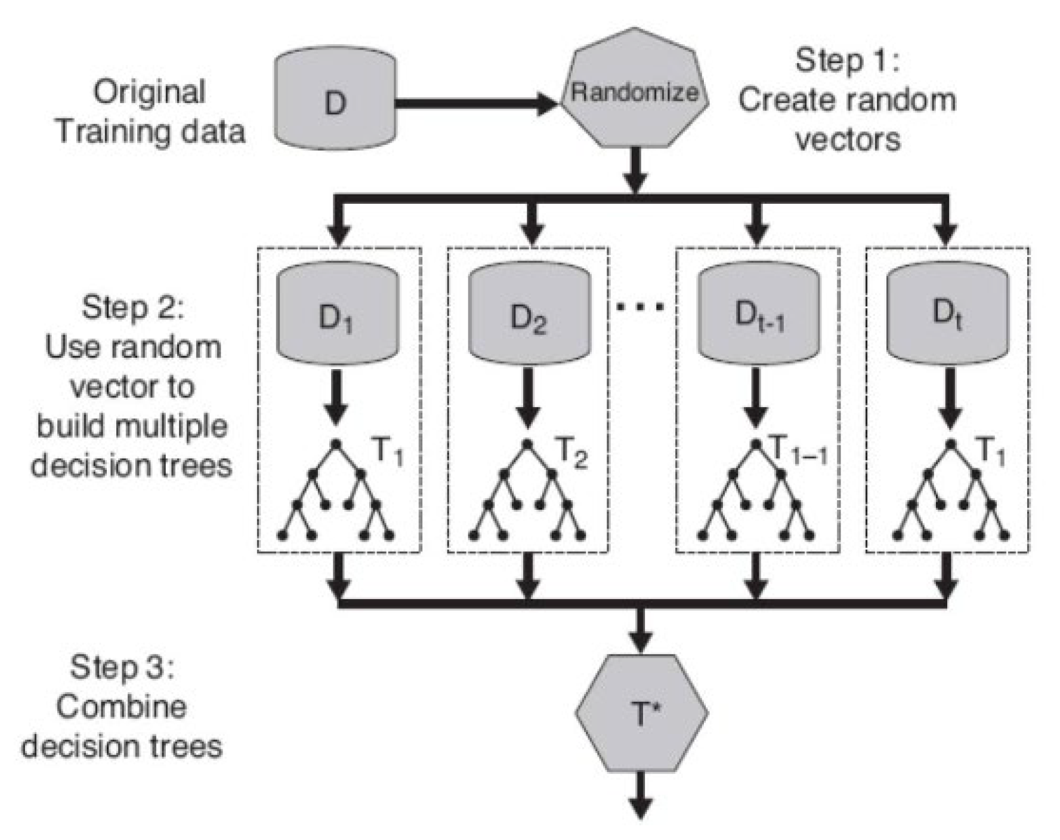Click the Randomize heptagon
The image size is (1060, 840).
point(635,95)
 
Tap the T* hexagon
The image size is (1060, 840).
point(642,712)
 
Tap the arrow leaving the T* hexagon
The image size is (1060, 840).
point(641,796)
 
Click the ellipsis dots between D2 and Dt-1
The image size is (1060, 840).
point(640,308)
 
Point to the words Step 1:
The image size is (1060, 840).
point(847,61)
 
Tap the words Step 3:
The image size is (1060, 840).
point(122,667)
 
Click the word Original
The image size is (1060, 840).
point(149,92)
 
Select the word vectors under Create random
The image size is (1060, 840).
point(848,140)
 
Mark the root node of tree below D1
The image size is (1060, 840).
point(336,444)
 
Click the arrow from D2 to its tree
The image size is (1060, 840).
point(527,396)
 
